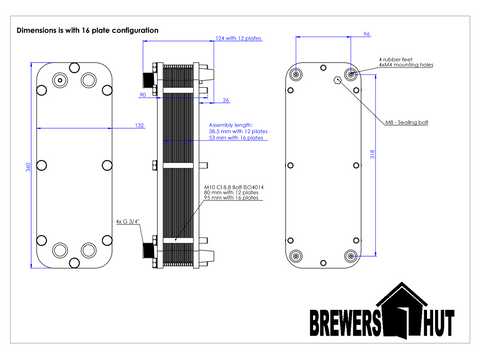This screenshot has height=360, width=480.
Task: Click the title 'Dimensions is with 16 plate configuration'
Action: [x=88, y=31]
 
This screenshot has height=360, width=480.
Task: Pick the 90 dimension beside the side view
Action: [x=143, y=95]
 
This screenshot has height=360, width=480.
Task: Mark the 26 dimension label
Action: [x=226, y=100]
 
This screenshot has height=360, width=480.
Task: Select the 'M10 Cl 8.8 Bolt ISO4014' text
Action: [x=234, y=185]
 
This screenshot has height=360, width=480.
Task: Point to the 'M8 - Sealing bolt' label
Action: [x=405, y=121]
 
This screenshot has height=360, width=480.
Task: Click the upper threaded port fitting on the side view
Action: [x=153, y=77]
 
